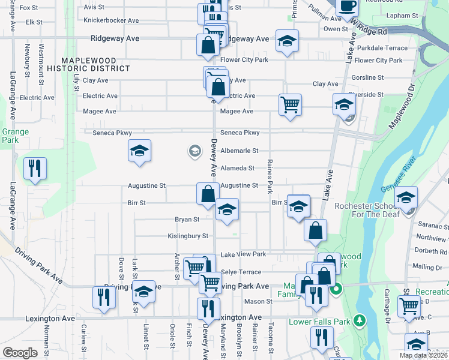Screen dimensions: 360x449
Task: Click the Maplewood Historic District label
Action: pyautogui.click(x=96, y=64)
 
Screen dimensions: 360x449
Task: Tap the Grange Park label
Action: pyautogui.click(x=11, y=136)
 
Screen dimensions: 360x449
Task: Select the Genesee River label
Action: pyautogui.click(x=400, y=178)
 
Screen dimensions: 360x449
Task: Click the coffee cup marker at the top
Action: pyautogui.click(x=346, y=6)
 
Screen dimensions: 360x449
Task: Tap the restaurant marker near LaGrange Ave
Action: pyautogui.click(x=35, y=168)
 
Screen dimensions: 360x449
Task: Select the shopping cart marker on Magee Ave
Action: pyautogui.click(x=290, y=105)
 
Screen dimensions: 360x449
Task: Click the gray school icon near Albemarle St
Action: pyautogui.click(x=194, y=151)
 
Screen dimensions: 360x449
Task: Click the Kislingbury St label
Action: pyautogui.click(x=188, y=236)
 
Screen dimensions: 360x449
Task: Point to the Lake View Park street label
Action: pyautogui.click(x=243, y=254)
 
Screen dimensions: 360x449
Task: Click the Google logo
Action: pyautogui.click(x=20, y=353)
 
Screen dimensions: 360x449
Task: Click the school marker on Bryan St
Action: pyautogui.click(x=227, y=209)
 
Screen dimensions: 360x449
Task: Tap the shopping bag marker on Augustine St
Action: pyautogui.click(x=208, y=194)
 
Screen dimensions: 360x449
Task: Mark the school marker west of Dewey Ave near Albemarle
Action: pyautogui.click(x=139, y=151)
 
